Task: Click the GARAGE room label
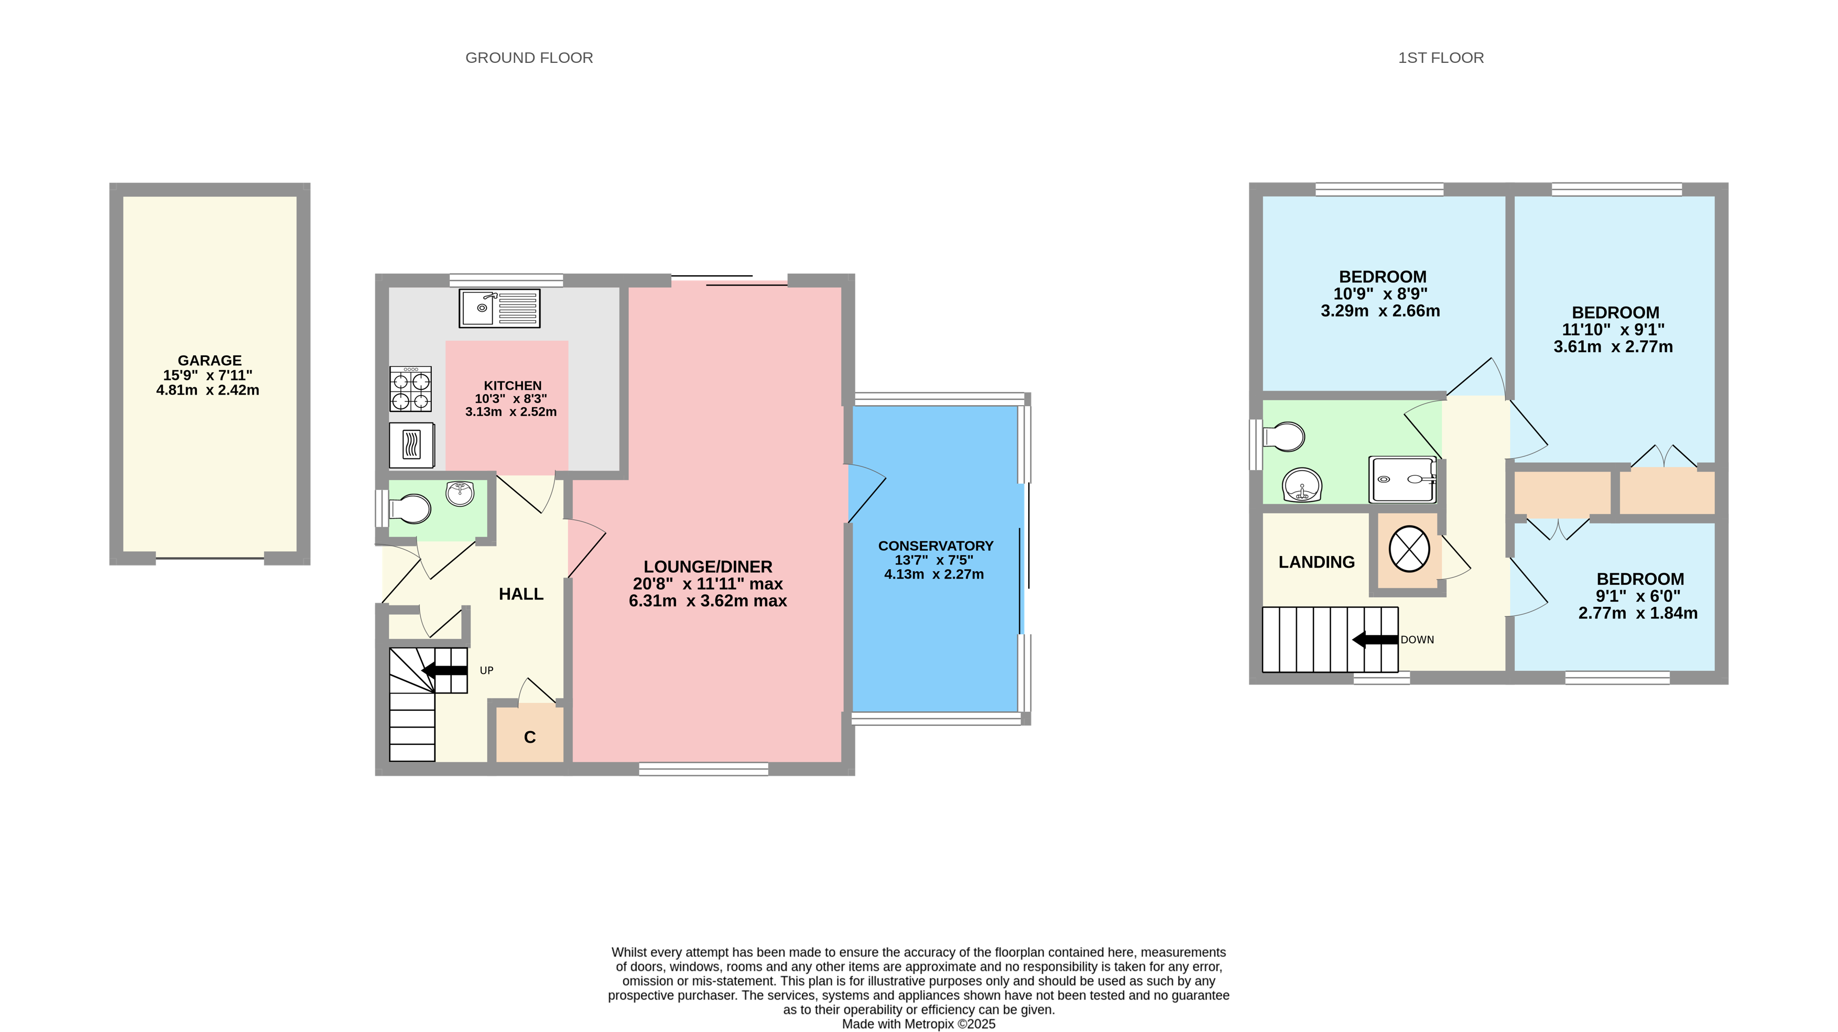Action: (209, 361)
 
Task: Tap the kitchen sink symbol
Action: (499, 308)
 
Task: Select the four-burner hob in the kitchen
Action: (410, 389)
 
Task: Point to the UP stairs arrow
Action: (444, 670)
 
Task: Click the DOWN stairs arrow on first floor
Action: (1374, 639)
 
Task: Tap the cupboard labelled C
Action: (529, 736)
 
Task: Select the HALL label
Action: (521, 594)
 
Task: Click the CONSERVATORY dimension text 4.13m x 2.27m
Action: (933, 574)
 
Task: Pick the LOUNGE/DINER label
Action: (707, 567)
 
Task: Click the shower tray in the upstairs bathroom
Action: (1402, 480)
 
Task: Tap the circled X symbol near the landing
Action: (1408, 549)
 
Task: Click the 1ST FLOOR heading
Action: (1440, 58)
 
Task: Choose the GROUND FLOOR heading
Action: (529, 58)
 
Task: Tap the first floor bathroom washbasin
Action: (1301, 485)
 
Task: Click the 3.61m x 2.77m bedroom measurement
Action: (1613, 347)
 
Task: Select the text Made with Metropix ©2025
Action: (918, 1024)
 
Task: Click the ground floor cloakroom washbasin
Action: (460, 493)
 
